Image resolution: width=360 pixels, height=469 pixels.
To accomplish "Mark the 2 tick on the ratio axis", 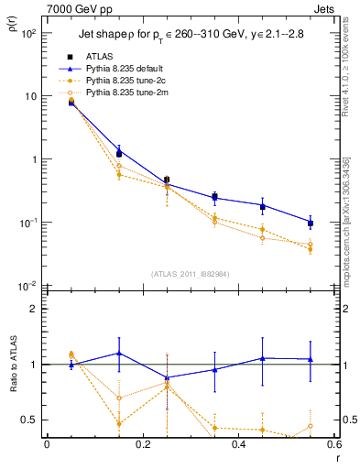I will [x=35, y=309].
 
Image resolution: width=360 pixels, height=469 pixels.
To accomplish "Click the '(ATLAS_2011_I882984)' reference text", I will [x=191, y=274].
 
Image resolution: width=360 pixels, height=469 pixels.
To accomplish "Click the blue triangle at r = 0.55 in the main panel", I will [x=311, y=223].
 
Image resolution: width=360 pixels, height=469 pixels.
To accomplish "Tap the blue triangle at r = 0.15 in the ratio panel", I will [x=118, y=353].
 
